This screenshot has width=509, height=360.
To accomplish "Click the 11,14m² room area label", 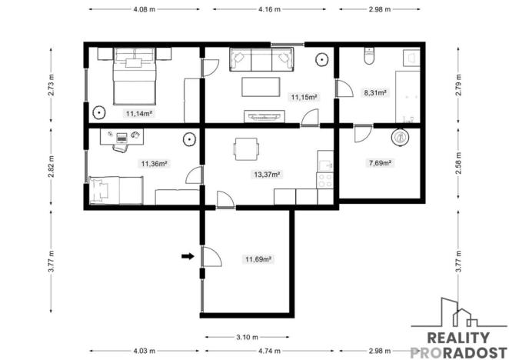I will (x=139, y=112).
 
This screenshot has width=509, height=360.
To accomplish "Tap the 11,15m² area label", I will (x=304, y=97).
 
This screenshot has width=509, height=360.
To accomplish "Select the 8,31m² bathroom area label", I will (x=374, y=93).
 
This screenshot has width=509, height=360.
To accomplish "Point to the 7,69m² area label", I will (x=380, y=163).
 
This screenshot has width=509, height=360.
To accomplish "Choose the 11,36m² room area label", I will (x=154, y=163).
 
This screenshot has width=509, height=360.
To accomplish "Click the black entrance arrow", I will (x=187, y=257).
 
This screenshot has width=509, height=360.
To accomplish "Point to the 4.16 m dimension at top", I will (x=269, y=10).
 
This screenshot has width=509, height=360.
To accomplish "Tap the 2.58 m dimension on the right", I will (x=459, y=166).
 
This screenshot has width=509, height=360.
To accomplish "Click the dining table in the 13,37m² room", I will (x=245, y=149).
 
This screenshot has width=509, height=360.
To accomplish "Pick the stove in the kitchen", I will (x=325, y=180).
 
